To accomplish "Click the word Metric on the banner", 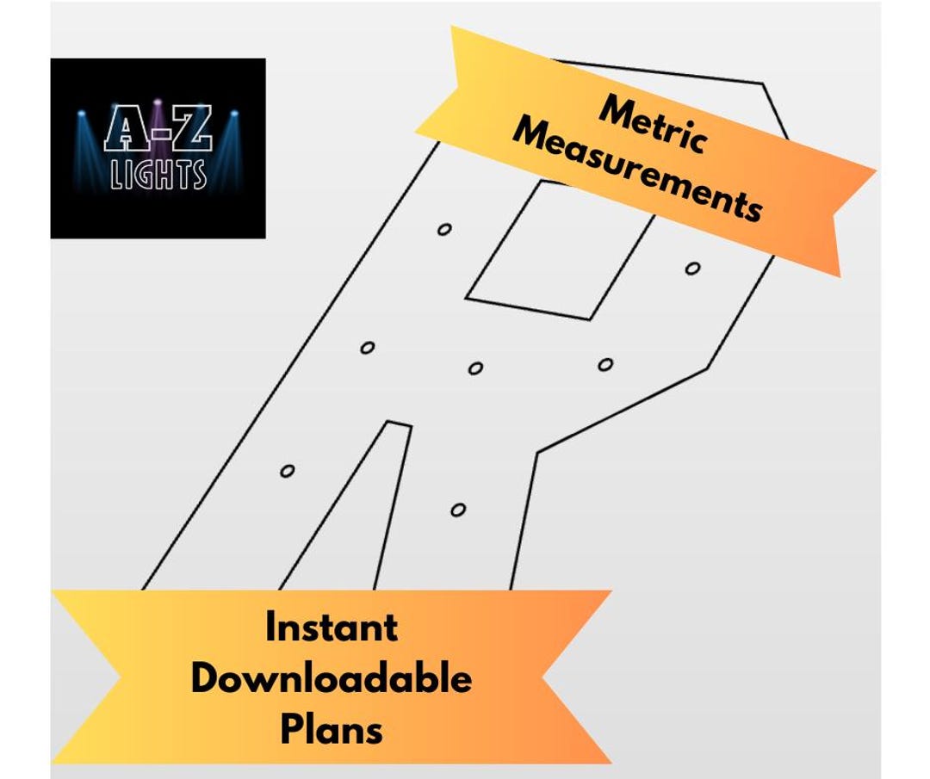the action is [652, 124].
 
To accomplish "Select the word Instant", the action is [332, 628].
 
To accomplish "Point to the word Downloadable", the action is [332, 679].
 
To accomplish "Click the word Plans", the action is [332, 730].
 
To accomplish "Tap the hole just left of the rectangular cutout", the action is [444, 229].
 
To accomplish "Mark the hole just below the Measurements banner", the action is [692, 269].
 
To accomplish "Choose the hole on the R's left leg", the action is [288, 471].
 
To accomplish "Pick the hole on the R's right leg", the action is [458, 510].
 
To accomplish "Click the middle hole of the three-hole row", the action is [475, 368].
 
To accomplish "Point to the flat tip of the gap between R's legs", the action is [398, 423].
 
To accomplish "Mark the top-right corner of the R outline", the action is [762, 84].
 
